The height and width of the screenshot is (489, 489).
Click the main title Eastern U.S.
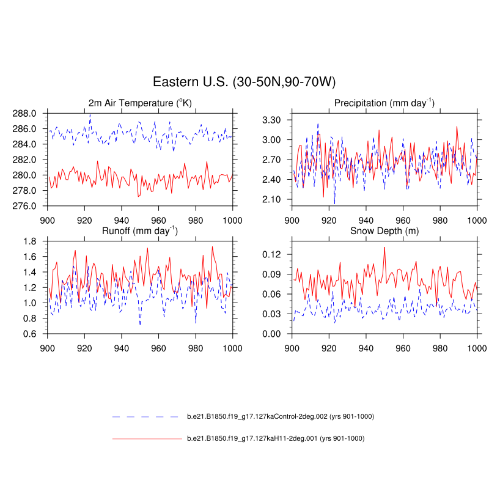point(244,83)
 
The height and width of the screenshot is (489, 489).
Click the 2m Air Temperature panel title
point(140,103)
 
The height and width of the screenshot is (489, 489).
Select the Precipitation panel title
point(384,103)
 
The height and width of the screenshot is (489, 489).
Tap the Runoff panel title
point(140,231)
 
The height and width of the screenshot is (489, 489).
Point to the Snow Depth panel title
point(384,231)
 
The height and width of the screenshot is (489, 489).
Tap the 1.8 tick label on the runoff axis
point(31,241)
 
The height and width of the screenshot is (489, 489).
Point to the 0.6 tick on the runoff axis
point(31,334)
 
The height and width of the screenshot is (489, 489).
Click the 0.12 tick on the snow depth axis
point(271,254)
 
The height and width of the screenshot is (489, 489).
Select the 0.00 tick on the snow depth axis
point(271,334)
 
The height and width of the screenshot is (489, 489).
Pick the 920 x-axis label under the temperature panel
point(84,218)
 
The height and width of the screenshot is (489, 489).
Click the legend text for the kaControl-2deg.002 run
point(280,417)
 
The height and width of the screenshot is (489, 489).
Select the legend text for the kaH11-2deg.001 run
point(275,438)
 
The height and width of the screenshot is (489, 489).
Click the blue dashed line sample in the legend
point(147,417)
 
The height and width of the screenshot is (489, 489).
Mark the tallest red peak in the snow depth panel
point(384,247)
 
